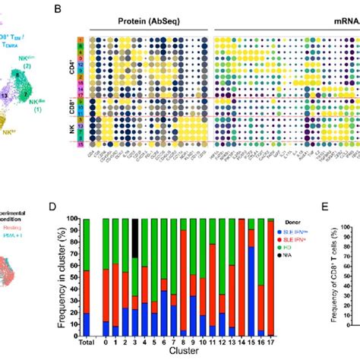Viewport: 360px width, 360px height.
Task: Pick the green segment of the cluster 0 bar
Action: pyautogui.click(x=106, y=243)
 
